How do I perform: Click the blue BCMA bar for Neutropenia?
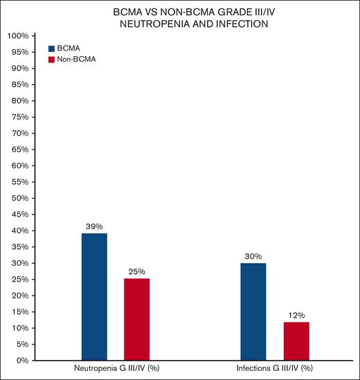94,296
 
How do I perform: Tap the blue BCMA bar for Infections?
253,311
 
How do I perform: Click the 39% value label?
94,226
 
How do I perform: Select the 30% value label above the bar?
253,255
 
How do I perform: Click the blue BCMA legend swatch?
51,48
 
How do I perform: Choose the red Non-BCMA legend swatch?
51,60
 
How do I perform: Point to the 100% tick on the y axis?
17,36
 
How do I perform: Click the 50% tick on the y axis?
19,198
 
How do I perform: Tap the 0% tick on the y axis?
21,361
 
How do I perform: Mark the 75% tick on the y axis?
19,117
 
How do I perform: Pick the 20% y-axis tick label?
19,296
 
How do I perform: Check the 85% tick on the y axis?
19,84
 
